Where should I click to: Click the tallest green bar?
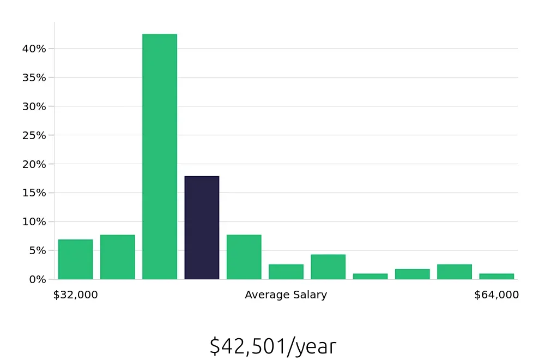click(160, 157)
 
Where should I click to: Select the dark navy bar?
click(202, 227)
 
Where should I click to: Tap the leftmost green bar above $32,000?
click(75, 259)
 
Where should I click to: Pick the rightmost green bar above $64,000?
click(496, 276)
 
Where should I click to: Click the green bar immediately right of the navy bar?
click(244, 257)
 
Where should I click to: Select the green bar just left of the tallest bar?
click(117, 257)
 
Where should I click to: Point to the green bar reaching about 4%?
click(328, 267)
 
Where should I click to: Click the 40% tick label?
click(34, 49)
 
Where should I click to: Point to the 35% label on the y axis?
click(34, 77)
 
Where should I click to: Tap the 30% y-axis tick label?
click(34, 106)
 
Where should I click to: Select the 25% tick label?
click(34, 135)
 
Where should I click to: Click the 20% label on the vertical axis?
click(34, 164)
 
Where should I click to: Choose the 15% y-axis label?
click(34, 193)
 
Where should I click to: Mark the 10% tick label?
click(34, 222)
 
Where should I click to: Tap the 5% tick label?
click(37, 251)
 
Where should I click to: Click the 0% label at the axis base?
click(37, 279)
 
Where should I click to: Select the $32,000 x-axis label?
click(75, 295)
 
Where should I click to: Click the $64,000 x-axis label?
click(496, 295)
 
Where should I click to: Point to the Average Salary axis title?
click(286, 295)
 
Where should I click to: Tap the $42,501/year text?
click(272, 346)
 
